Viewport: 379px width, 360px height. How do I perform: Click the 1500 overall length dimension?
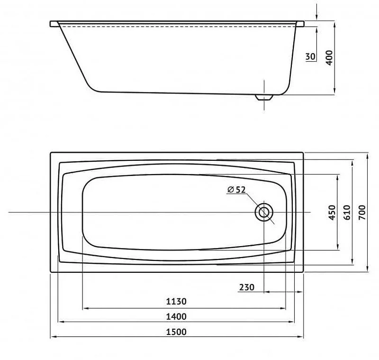pos(176,332)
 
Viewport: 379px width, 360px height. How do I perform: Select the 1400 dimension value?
pos(176,316)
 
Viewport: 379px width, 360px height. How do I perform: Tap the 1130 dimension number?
pos(176,302)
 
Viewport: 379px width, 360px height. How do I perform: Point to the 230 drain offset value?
pos(247,287)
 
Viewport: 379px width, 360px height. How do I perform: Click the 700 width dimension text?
pos(362,212)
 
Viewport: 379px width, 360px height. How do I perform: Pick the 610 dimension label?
pos(347,212)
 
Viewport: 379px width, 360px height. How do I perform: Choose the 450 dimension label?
pos(333,212)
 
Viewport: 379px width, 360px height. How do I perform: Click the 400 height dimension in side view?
pos(329,57)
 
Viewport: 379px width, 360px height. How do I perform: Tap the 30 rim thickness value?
pos(311,56)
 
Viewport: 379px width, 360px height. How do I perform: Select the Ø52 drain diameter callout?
pos(236,190)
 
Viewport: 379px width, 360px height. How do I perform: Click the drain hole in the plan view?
pos(264,212)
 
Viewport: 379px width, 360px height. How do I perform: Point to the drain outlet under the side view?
pos(264,97)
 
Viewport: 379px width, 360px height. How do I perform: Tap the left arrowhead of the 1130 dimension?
pos(86,308)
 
